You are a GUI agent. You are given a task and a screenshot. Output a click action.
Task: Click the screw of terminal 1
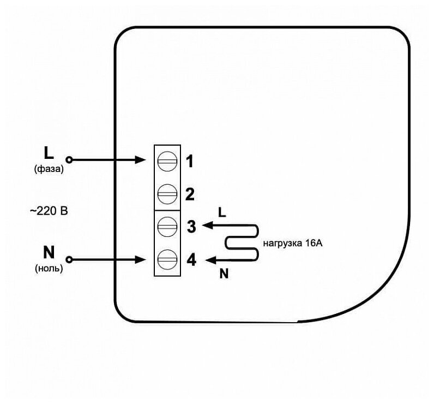167,161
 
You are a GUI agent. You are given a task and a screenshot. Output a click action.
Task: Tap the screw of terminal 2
167,194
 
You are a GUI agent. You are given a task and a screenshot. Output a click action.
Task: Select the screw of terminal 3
167,227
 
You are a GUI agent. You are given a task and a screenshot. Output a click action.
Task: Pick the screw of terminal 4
167,260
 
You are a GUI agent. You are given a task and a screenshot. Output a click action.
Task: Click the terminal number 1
190,161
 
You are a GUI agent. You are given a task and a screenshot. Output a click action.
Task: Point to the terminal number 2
190,194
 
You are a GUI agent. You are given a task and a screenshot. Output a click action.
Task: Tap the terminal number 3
191,226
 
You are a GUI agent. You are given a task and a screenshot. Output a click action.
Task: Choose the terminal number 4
191,260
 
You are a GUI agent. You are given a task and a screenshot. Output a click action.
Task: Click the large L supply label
49,153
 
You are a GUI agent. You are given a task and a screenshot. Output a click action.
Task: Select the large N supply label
49,252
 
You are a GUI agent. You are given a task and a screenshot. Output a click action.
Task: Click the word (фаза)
49,169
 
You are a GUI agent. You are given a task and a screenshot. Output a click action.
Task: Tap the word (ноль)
49,268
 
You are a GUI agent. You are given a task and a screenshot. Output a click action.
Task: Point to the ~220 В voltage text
49,211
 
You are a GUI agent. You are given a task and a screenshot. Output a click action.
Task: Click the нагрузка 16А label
293,243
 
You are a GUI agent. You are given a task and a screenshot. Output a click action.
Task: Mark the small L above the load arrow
222,212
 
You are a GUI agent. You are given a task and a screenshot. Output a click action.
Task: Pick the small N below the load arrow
224,274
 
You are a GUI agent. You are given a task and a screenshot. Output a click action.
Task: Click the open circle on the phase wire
69,160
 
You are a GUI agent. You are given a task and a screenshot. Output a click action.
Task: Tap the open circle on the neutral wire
69,260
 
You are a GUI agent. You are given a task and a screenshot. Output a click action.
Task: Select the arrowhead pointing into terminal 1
140,160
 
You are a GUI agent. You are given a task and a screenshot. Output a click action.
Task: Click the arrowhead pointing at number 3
208,225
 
